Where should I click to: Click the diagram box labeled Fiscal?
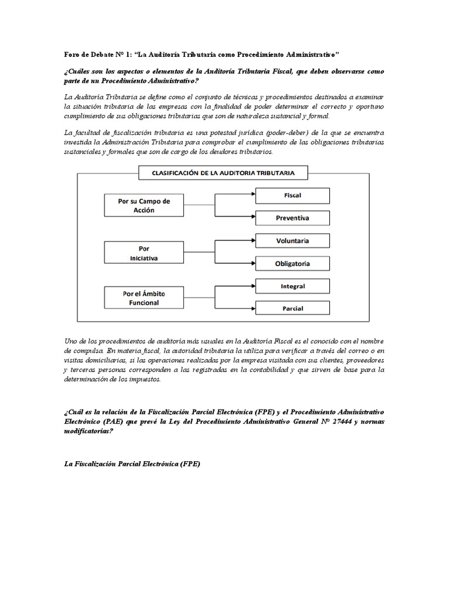292,195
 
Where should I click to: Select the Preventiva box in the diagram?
292,218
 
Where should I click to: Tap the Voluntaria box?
292,241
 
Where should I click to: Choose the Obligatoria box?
292,264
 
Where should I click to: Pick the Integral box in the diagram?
292,287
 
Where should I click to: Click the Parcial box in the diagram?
292,307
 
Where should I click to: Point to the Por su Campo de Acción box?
144,205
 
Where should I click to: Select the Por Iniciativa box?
144,253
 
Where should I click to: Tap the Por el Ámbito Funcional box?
144,297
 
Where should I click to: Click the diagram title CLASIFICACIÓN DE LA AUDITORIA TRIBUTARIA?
223,173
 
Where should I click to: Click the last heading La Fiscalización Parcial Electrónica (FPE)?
132,463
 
